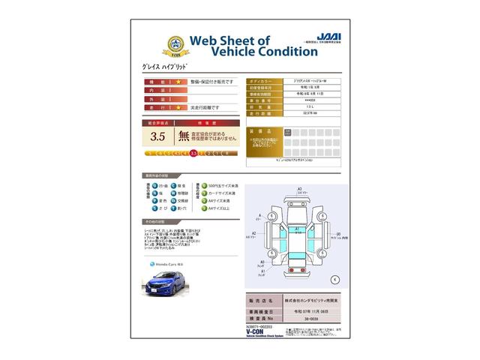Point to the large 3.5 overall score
(157, 136)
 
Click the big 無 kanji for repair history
(184, 136)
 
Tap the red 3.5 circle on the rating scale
(193, 153)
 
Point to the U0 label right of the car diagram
(339, 233)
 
